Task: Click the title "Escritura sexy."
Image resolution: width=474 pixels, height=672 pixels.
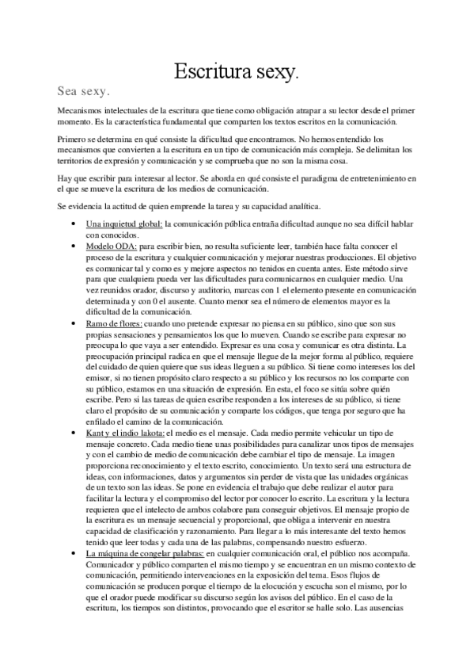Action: (237, 72)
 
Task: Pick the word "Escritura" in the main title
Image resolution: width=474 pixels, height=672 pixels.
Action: (211, 72)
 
